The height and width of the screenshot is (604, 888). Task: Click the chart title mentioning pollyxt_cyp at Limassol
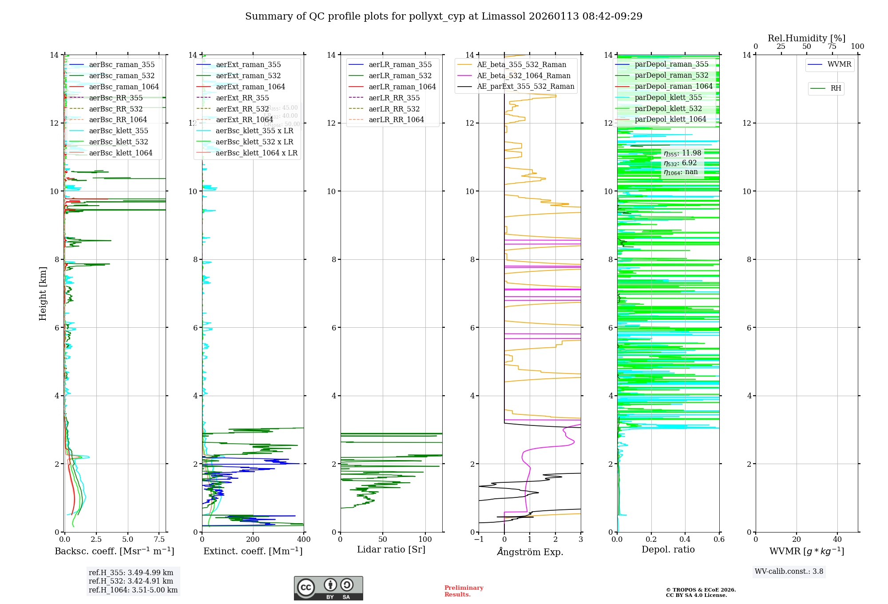pyautogui.click(x=444, y=16)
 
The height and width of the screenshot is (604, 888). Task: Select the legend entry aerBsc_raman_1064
pyautogui.click(x=123, y=87)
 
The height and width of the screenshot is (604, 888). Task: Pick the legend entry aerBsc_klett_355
pyautogui.click(x=119, y=131)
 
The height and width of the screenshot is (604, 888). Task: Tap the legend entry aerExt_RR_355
pyautogui.click(x=242, y=98)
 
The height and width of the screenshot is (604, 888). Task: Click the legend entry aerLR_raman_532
pyautogui.click(x=400, y=75)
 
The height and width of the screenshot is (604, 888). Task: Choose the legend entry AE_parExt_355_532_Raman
pyautogui.click(x=525, y=86)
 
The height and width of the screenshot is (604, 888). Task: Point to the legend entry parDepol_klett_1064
pyautogui.click(x=670, y=119)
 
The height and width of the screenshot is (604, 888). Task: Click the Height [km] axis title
pyautogui.click(x=43, y=293)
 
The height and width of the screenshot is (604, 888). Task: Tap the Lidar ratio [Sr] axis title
pyautogui.click(x=391, y=549)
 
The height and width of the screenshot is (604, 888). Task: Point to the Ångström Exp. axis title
pyautogui.click(x=530, y=552)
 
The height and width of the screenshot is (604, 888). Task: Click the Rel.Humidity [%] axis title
pyautogui.click(x=806, y=38)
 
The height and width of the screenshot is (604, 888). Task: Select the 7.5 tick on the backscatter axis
pyautogui.click(x=159, y=540)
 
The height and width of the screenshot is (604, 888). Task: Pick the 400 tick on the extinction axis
pyautogui.click(x=304, y=540)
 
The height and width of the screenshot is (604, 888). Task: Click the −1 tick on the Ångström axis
pyautogui.click(x=479, y=540)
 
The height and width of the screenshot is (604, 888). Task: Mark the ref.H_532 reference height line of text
pyautogui.click(x=131, y=581)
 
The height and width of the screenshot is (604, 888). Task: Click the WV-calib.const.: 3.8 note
pyautogui.click(x=789, y=571)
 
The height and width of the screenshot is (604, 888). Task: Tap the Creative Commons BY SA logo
pyautogui.click(x=328, y=588)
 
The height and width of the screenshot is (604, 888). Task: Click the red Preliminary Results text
pyautogui.click(x=464, y=591)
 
